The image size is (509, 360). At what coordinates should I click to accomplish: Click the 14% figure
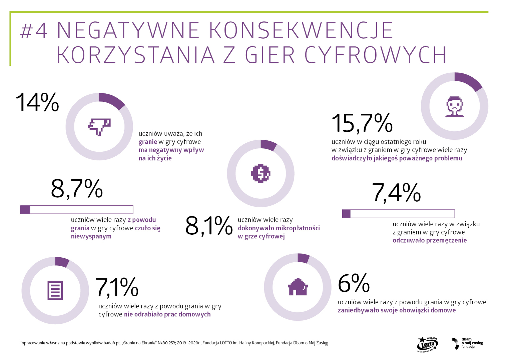pos(37,102)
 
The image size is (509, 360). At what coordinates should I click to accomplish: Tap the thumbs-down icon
pos(99,127)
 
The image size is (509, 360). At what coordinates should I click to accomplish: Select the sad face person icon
pos(454,107)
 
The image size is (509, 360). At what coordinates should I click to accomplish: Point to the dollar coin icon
pos(261,173)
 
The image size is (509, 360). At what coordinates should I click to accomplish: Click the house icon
pos(298,287)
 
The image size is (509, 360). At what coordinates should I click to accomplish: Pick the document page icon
pos(55,290)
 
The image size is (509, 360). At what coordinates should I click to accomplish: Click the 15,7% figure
pos(362,123)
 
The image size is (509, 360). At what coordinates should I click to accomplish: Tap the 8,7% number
pos(77,189)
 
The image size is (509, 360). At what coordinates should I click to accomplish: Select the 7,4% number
pos(396,193)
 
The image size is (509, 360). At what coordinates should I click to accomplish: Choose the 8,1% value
pos(209,226)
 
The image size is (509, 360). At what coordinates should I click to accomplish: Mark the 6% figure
pos(354,283)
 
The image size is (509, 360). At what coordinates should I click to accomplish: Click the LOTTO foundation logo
pos(427,344)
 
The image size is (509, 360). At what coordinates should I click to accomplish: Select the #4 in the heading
pos(34,31)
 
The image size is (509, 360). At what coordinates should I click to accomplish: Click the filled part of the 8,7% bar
pos(25,210)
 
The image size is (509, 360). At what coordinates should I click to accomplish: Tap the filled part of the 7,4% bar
pos(346,214)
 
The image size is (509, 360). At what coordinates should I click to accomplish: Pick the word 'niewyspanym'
pos(91,236)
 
